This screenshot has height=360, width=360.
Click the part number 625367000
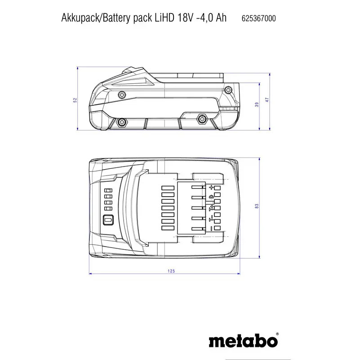[x=258, y=18]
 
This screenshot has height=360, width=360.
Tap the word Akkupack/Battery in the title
[x=97, y=18]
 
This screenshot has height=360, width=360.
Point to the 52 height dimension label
[x=75, y=100]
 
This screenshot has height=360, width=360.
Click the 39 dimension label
[x=257, y=104]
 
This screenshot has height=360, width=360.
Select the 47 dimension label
[x=267, y=100]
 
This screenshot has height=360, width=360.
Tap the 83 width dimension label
[x=257, y=206]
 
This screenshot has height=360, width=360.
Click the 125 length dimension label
[x=171, y=271]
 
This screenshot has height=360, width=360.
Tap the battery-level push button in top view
[x=108, y=220]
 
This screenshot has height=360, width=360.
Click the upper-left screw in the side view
[x=121, y=94]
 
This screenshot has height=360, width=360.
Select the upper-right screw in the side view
[x=228, y=90]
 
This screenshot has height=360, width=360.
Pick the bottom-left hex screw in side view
[x=121, y=121]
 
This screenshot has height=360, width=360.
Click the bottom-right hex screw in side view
[x=202, y=119]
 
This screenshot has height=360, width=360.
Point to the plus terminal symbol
[x=211, y=188]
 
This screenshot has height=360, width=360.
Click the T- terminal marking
[x=211, y=219]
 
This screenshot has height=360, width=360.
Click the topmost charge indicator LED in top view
[x=108, y=190]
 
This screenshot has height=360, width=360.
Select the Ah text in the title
[x=221, y=18]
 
